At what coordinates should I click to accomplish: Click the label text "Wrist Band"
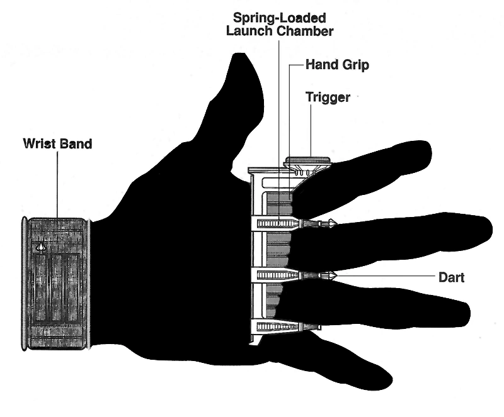[57, 144]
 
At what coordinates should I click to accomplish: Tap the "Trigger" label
[328, 97]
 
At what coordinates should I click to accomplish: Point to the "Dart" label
[450, 277]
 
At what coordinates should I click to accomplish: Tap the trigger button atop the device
[308, 161]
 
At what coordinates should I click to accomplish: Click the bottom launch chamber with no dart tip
[280, 326]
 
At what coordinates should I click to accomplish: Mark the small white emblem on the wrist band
[41, 247]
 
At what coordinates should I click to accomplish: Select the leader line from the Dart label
[384, 275]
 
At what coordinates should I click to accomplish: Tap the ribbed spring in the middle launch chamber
[272, 275]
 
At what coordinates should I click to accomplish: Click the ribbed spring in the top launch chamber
[272, 223]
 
